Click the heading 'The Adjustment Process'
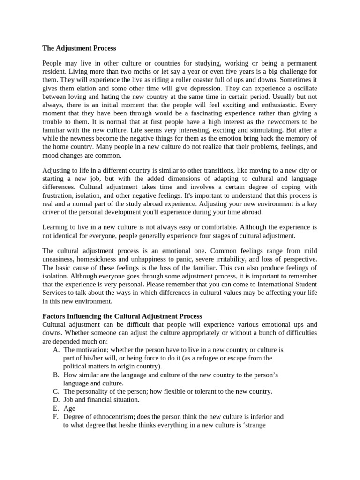tap(79, 48)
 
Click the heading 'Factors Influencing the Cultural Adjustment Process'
tap(122, 316)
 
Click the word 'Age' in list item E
tap(69, 408)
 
